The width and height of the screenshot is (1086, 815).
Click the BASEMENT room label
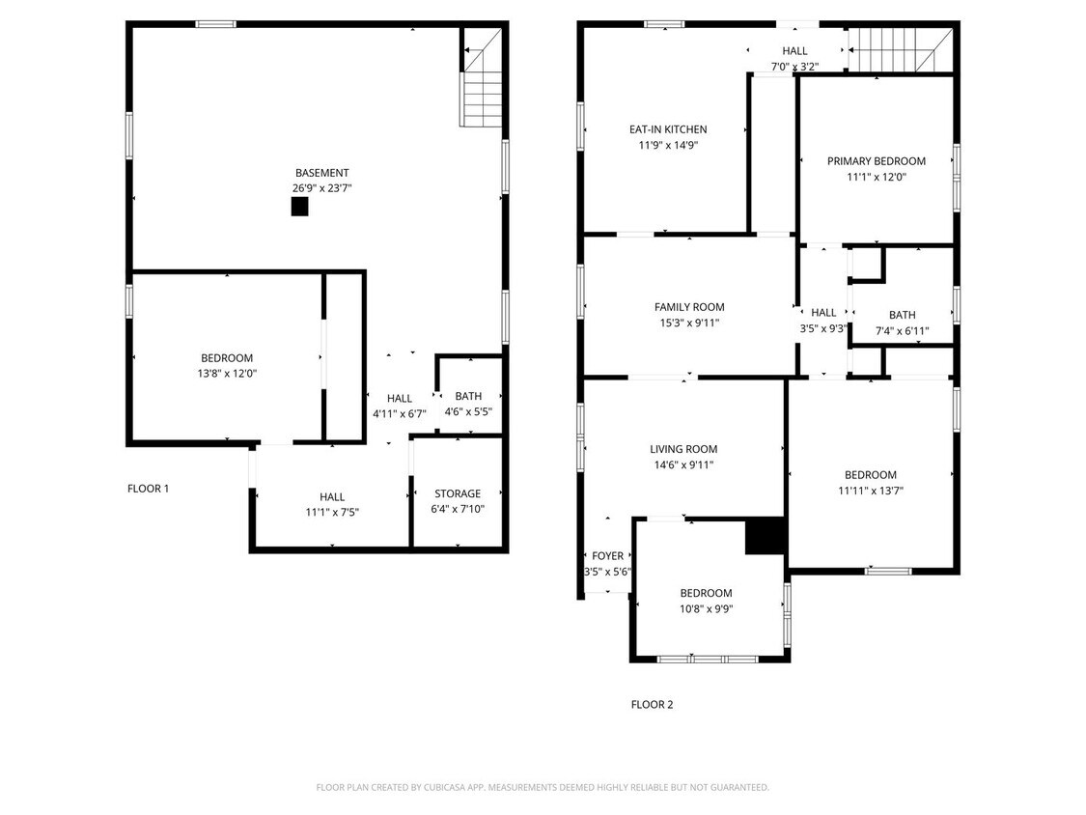click(x=321, y=173)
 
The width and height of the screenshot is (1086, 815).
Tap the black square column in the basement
click(x=299, y=206)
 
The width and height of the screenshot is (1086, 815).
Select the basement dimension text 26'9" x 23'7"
click(x=321, y=188)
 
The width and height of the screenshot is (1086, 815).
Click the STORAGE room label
click(x=457, y=493)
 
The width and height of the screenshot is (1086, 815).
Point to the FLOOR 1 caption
click(x=148, y=489)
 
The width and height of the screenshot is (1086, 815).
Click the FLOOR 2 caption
click(x=652, y=704)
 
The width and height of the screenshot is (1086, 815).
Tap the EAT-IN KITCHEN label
click(x=668, y=129)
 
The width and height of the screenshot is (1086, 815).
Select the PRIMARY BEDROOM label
click(x=876, y=161)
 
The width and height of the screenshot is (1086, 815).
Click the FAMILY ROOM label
click(x=688, y=307)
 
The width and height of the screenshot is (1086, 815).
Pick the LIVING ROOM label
click(x=682, y=449)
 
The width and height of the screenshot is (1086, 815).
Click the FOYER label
click(x=607, y=555)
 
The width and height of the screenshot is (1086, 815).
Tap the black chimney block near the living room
click(x=765, y=536)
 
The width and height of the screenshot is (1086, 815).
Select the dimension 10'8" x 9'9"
click(x=706, y=608)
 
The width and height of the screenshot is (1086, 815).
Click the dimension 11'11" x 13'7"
click(x=870, y=490)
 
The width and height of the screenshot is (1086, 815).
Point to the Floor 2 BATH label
click(x=902, y=315)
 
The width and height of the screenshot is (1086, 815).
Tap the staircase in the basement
click(x=482, y=87)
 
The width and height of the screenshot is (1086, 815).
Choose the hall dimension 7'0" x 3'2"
click(x=794, y=67)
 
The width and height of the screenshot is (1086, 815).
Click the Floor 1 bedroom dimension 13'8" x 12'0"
click(x=227, y=373)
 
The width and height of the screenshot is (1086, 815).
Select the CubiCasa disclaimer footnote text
click(x=543, y=787)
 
